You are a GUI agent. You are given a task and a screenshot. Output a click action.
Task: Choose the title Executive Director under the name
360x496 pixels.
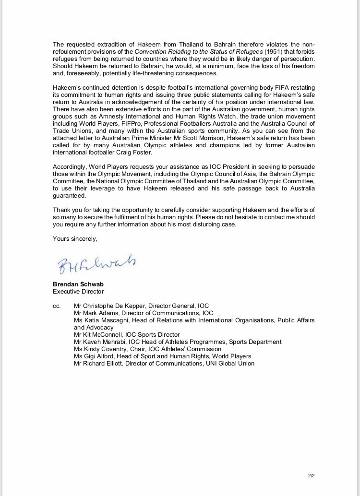pyautogui.click(x=78, y=291)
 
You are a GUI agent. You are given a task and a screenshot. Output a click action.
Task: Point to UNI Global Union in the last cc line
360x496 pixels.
pyautogui.click(x=231, y=364)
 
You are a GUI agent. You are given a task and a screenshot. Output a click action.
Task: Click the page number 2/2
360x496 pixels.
pyautogui.click(x=311, y=476)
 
